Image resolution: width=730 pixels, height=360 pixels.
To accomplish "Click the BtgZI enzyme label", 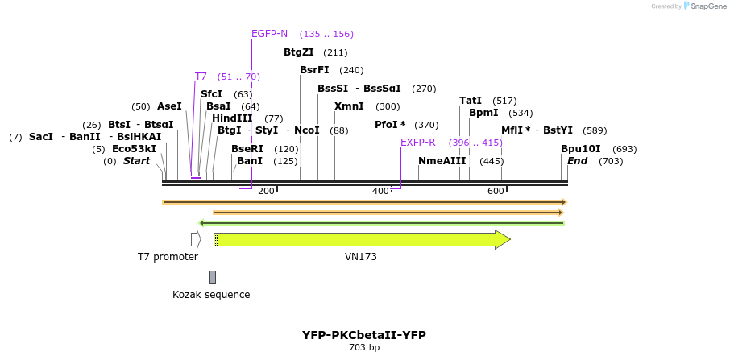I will point(298,52).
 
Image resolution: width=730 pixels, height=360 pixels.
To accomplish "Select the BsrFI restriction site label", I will point(314,70).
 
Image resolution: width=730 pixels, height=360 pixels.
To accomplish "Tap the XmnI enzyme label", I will point(349,106).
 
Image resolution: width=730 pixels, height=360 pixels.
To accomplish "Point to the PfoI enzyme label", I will point(390,125).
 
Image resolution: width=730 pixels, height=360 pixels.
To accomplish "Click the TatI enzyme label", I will point(471,101).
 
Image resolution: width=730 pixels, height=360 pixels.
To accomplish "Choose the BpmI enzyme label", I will point(483,113).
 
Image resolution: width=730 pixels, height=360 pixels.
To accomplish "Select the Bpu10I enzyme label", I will point(581,149).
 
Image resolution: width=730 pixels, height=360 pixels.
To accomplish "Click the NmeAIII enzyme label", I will point(442,161).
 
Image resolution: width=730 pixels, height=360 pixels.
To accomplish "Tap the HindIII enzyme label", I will point(232,118).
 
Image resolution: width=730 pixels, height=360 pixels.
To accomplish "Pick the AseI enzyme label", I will point(169,106).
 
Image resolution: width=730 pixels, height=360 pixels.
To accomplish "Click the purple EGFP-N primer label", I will point(269,34).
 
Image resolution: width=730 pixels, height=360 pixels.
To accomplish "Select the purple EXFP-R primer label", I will point(418,143).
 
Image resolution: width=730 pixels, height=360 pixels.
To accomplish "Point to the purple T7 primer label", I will point(201,77).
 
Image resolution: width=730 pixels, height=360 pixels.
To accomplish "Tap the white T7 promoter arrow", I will point(196,239).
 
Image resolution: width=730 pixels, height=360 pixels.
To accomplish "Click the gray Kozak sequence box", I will point(213,277).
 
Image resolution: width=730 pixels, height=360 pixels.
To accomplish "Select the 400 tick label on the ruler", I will point(380,191).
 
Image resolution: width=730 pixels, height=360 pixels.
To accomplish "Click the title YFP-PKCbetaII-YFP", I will point(364,335).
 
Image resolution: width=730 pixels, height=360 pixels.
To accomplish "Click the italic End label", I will point(577,161).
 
